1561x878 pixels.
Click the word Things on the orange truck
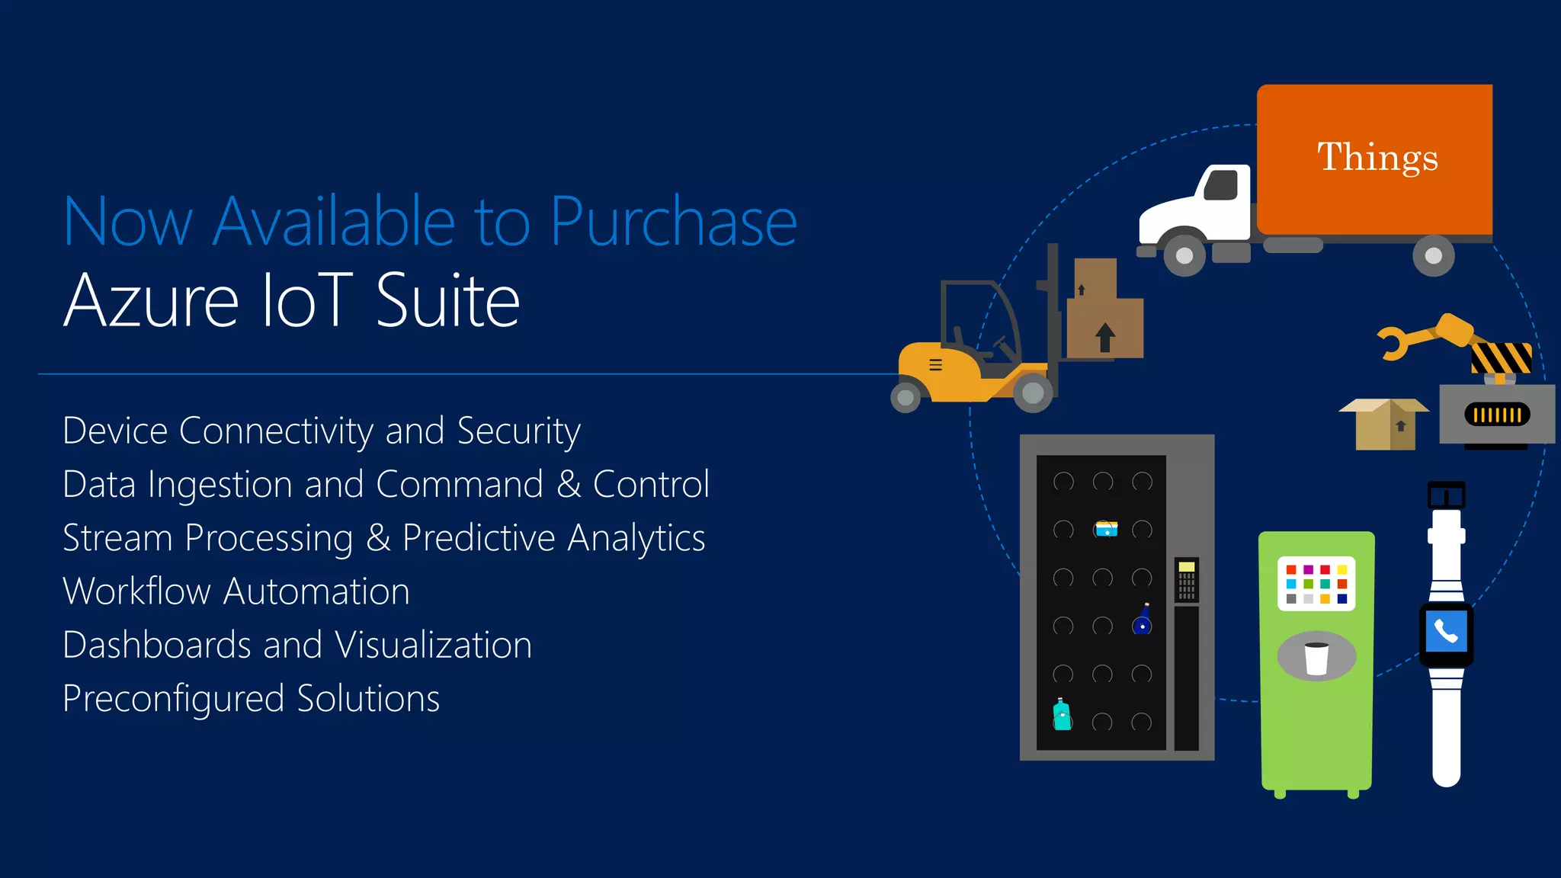[x=1377, y=158]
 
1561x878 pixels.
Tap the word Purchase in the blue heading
[x=673, y=223]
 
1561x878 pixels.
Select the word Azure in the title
[x=151, y=301]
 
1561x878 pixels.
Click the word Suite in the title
[x=448, y=301]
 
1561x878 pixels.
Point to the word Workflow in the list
[x=136, y=591]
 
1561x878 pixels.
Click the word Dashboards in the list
[x=156, y=645]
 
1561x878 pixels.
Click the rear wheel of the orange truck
[x=1433, y=256]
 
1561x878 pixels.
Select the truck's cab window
[x=1221, y=185]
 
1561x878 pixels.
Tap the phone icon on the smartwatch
[x=1446, y=631]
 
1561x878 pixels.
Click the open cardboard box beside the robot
[x=1384, y=424]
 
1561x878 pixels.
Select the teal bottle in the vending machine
[x=1062, y=715]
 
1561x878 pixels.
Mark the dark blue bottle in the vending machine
[x=1143, y=620]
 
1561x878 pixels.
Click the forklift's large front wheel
[x=1033, y=393]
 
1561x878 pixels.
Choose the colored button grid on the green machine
[x=1316, y=584]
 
